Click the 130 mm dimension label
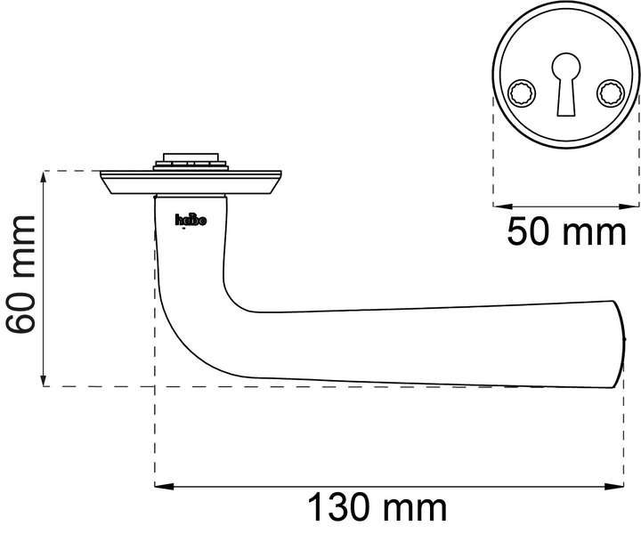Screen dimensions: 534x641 point(377,510)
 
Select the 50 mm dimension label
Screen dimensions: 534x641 point(567,233)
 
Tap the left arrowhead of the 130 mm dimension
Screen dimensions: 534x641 point(161,487)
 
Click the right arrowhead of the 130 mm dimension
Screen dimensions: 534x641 point(619,487)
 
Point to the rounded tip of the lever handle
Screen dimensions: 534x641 point(620,343)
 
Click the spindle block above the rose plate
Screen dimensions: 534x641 point(189,162)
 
